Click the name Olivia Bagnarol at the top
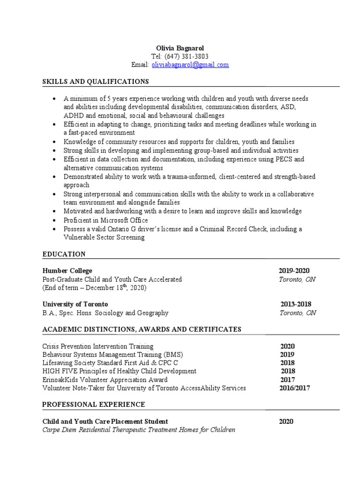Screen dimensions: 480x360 coord(180,48)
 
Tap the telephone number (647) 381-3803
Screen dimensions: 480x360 coord(186,57)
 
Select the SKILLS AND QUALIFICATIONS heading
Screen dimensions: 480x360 coord(96,82)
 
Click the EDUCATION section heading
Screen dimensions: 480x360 coord(64,254)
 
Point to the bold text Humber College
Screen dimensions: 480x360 coord(67,270)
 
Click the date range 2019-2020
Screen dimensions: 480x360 coord(294,270)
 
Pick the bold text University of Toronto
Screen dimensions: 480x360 coord(75,304)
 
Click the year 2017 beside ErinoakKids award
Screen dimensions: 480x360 coord(287,380)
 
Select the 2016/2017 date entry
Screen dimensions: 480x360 coord(294,388)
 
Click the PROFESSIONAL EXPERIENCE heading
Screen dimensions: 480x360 coord(94,404)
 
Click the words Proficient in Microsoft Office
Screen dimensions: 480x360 coord(106,220)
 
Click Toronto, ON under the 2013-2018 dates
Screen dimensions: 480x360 coord(298,313)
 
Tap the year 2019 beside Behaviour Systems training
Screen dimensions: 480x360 coord(287,354)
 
